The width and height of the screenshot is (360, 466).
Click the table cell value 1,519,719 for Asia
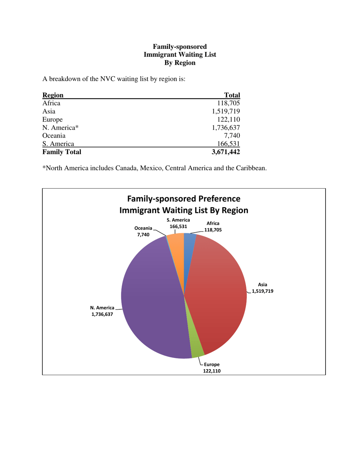[226, 111]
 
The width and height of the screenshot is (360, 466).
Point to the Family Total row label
[62, 152]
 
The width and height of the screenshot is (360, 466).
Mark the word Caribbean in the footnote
[251, 168]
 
